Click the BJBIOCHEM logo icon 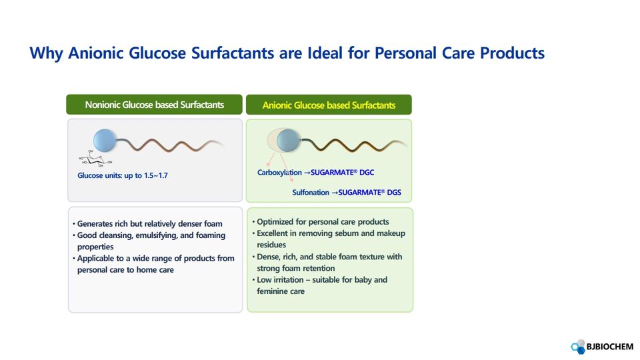pyautogui.click(x=578, y=347)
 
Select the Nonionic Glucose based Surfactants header pyautogui.click(x=154, y=105)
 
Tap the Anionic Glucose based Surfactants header pyautogui.click(x=329, y=105)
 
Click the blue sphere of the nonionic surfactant pyautogui.click(x=105, y=141)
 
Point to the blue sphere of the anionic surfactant pyautogui.click(x=288, y=141)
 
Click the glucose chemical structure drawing pyautogui.click(x=95, y=159)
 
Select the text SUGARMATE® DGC pyautogui.click(x=343, y=173)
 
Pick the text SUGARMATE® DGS pyautogui.click(x=370, y=192)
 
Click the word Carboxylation pyautogui.click(x=279, y=173)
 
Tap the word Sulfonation pyautogui.click(x=311, y=192)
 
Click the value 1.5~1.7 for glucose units pyautogui.click(x=156, y=175)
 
